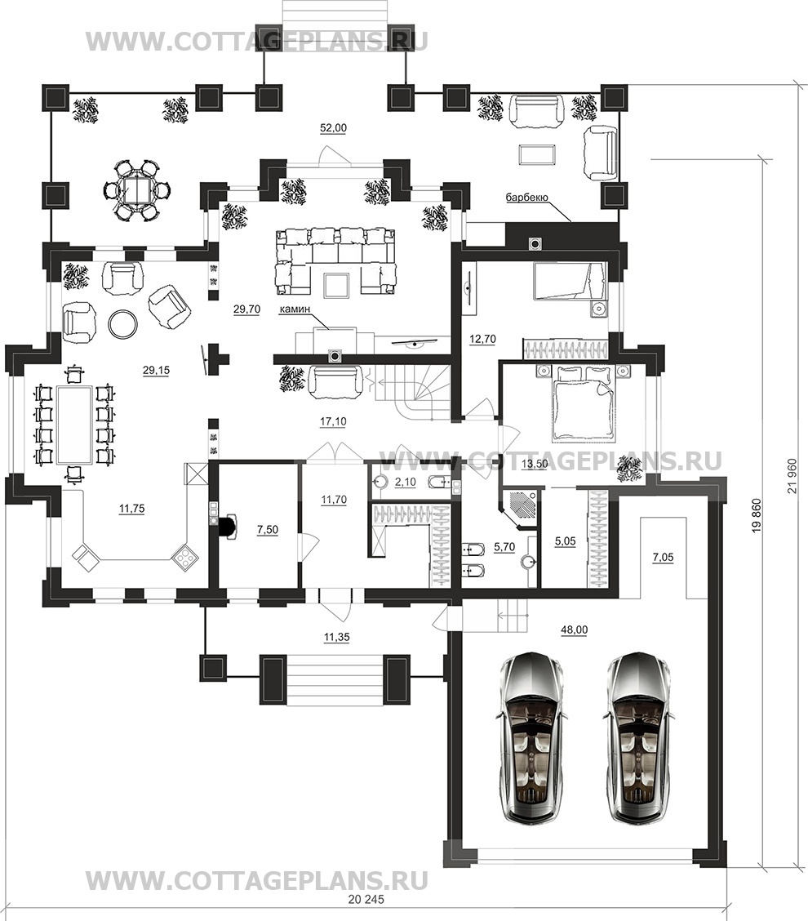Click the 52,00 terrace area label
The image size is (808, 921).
[x=333, y=128]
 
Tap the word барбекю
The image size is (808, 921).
[x=526, y=198]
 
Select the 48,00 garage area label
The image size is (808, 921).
[x=575, y=630]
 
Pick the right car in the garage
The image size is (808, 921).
[x=637, y=739]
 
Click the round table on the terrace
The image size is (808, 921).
[x=137, y=189]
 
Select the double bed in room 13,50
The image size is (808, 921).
[x=583, y=402]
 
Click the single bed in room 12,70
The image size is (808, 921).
[x=569, y=282]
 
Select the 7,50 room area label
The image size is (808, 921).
[x=268, y=529]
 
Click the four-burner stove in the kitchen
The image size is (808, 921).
[x=185, y=556]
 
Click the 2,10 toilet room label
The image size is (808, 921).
[x=405, y=483]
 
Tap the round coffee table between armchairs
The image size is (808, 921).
[x=123, y=323]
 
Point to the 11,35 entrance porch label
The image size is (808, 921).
[x=336, y=637]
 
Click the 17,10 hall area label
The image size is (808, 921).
[x=332, y=421]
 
